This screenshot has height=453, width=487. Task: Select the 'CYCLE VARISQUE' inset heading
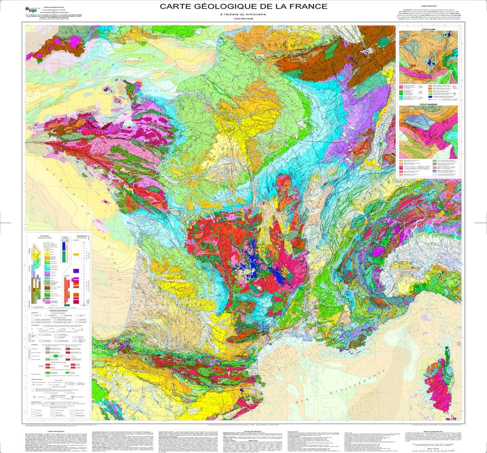click(429, 103)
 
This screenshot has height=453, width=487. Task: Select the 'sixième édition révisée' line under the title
click(243, 20)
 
